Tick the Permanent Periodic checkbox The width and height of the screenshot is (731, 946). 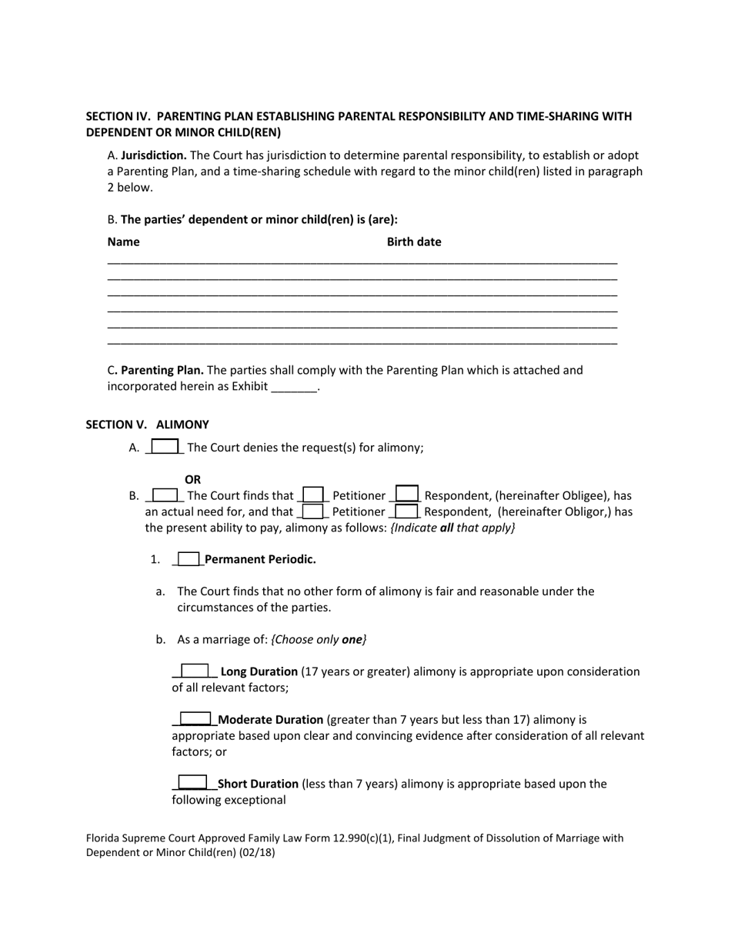pos(189,559)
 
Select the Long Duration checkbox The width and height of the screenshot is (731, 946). pos(195,671)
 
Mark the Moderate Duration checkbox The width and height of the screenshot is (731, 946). pos(195,720)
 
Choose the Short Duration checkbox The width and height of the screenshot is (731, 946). pos(192,784)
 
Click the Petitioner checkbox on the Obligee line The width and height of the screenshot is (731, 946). pos(312,495)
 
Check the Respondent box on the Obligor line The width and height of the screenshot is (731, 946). pos(406,511)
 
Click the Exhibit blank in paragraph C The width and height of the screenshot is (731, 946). pos(295,387)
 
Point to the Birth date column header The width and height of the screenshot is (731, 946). pos(414,241)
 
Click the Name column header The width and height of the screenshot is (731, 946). pos(124,241)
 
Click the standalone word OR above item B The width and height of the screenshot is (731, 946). pos(192,479)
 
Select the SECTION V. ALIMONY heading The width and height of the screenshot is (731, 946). pos(147,425)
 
